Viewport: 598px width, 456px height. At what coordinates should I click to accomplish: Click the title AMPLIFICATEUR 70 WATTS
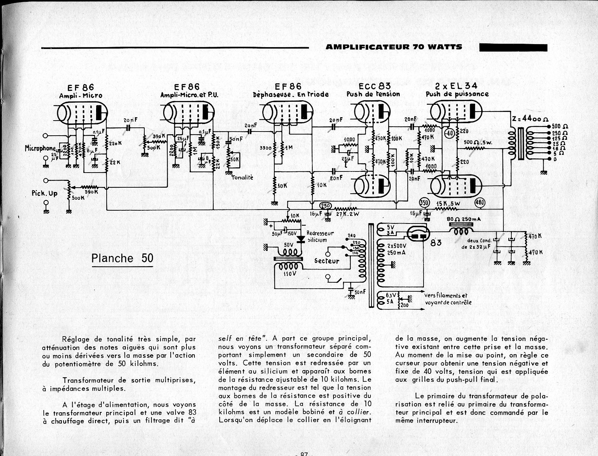[x=394, y=47]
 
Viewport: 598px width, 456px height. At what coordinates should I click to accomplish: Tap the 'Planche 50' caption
[x=122, y=258]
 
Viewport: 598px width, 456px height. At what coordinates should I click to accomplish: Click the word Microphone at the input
[x=40, y=148]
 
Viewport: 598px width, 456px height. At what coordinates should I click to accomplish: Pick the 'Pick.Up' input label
[x=45, y=193]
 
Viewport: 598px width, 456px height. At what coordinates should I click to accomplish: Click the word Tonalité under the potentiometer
[x=242, y=177]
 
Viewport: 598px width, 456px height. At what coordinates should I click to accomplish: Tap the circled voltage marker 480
[x=480, y=203]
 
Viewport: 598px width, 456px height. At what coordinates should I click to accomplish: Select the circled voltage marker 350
[x=425, y=202]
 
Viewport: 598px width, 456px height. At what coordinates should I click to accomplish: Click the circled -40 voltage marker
[x=448, y=133]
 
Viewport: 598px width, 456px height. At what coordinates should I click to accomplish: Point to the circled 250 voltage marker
[x=326, y=206]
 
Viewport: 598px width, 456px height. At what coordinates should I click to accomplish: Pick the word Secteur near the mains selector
[x=327, y=261]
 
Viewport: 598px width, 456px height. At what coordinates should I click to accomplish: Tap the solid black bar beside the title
[x=513, y=47]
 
